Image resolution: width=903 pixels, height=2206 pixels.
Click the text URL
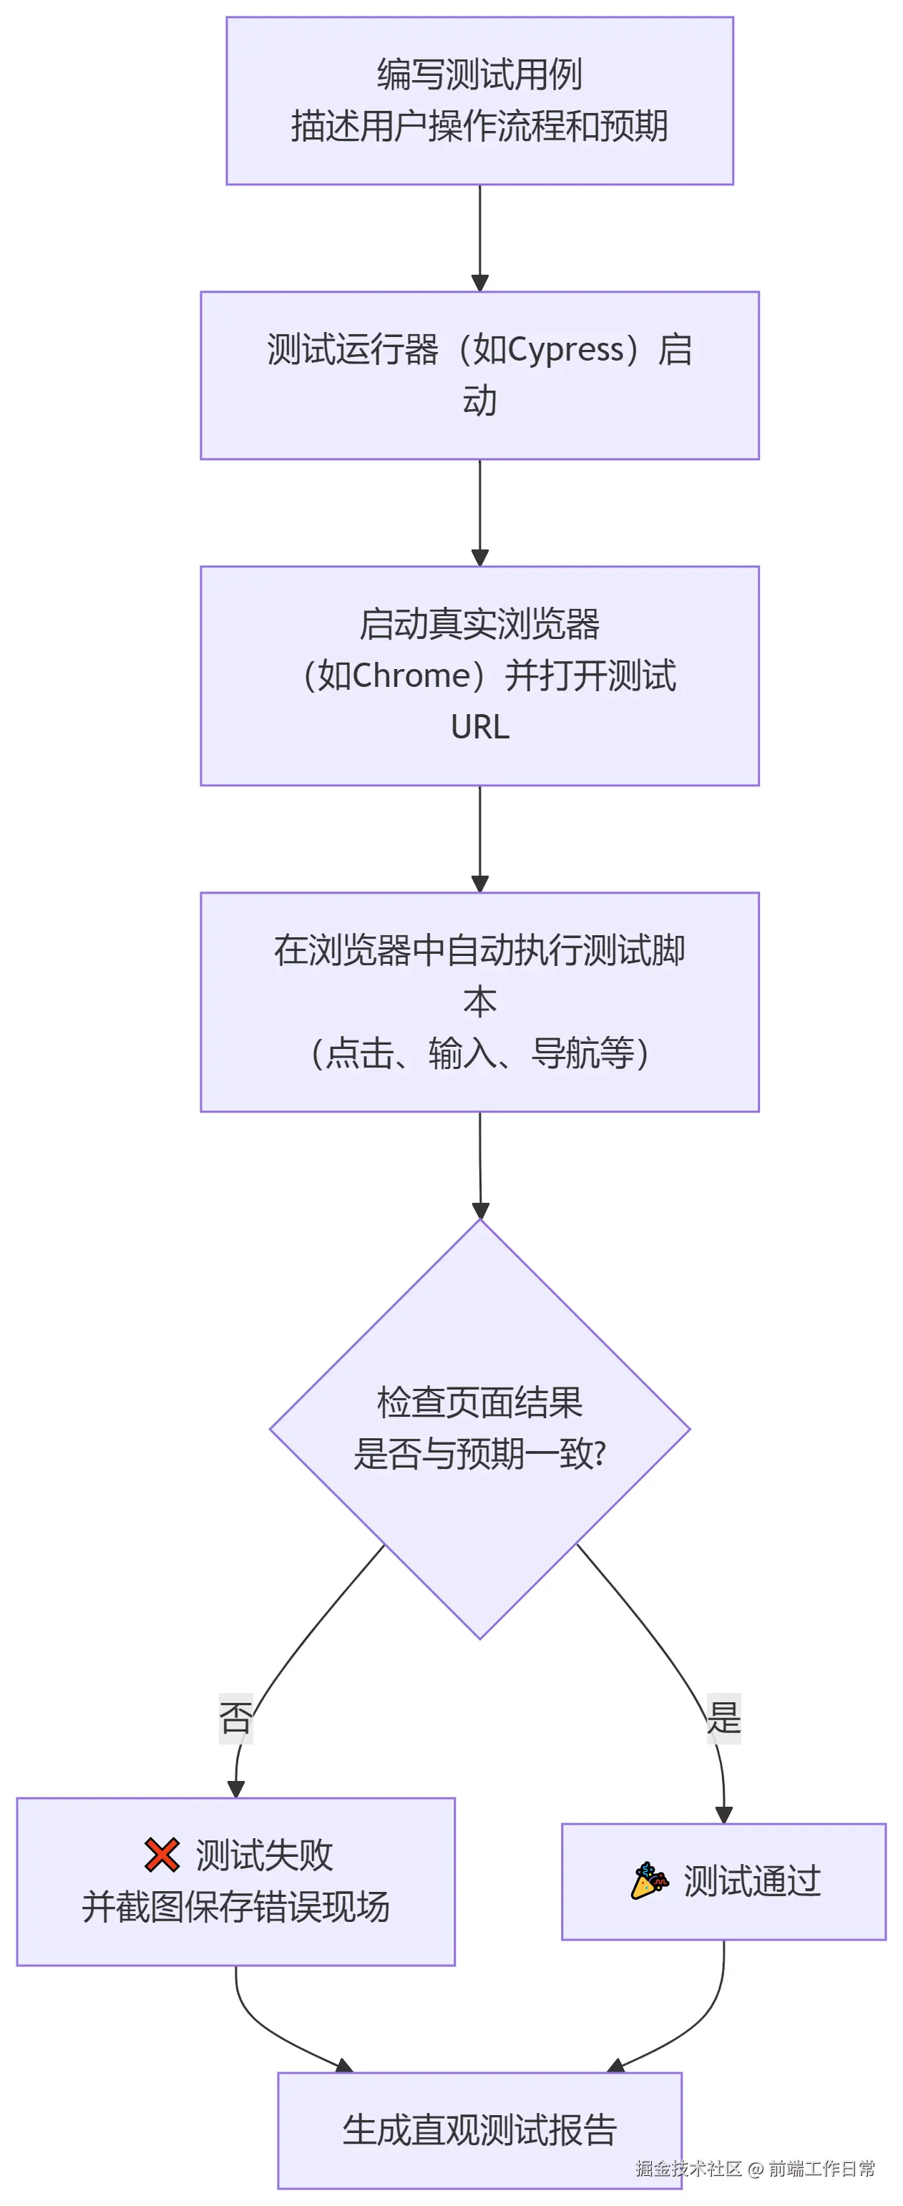[480, 727]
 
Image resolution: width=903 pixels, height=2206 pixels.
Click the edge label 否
[235, 1718]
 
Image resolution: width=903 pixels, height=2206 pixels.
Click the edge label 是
[724, 1718]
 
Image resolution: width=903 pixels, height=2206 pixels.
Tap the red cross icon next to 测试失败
[162, 1855]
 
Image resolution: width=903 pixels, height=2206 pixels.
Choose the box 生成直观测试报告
[480, 2129]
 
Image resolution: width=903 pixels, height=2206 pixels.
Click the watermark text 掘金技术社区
[688, 2168]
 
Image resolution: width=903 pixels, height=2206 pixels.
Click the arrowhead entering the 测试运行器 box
[480, 283]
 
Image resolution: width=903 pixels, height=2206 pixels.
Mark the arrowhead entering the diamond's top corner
[481, 1210]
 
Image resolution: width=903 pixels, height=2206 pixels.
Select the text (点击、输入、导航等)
[480, 1053]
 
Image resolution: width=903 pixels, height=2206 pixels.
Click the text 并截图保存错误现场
[235, 1907]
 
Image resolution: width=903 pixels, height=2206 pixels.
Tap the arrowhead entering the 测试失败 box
[235, 1789]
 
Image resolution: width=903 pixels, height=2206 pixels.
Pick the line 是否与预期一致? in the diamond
[480, 1454]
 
